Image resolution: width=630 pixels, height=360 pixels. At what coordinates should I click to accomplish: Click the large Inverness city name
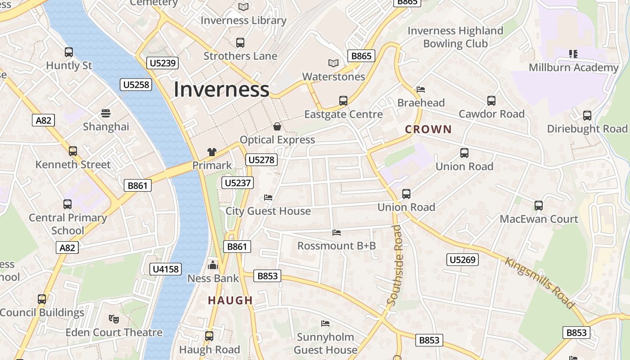pos(221,89)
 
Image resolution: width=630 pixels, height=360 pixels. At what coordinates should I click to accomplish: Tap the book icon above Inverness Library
pos(243,7)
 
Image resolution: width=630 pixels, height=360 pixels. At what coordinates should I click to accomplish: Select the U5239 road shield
pos(162,63)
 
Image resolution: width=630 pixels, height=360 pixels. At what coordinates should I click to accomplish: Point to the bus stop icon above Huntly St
pos(69,52)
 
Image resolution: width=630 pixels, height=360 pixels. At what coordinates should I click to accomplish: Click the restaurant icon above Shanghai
pos(106,113)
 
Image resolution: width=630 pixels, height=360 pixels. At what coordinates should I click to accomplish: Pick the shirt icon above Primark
pos(211,152)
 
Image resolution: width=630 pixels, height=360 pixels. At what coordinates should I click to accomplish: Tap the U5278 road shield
pos(261,160)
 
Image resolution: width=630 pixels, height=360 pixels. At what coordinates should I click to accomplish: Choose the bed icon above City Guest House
pos(268,198)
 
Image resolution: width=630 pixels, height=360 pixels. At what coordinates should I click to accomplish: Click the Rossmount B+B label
pos(337,246)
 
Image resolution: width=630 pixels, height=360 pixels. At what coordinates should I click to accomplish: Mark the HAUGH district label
pos(230,300)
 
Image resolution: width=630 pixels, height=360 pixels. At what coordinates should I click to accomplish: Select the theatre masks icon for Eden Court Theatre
pos(114,319)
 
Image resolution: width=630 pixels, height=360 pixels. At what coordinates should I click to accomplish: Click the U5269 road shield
pos(463,260)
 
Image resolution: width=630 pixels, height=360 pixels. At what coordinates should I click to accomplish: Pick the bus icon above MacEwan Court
pos(539,206)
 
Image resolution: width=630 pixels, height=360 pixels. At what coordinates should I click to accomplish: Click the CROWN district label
pos(428,130)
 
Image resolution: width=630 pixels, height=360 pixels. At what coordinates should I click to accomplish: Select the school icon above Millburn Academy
pos(573,54)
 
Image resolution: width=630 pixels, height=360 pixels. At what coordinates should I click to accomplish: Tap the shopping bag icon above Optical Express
pos(277,126)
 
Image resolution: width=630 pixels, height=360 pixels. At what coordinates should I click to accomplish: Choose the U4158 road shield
pos(166,269)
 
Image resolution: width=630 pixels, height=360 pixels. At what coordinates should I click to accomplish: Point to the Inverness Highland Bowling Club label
pos(455,37)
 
